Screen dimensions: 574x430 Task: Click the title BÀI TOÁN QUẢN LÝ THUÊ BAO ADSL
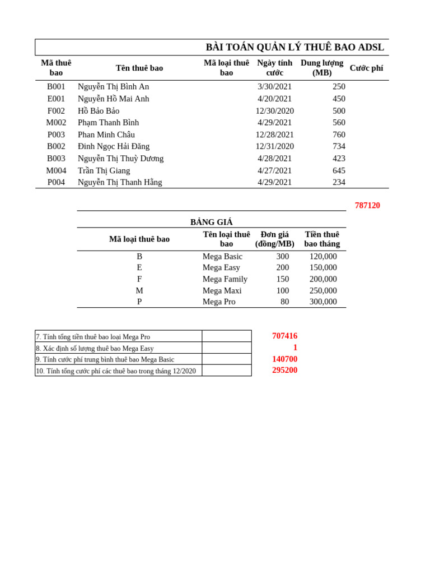click(295, 48)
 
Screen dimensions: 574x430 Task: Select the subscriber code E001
click(56, 99)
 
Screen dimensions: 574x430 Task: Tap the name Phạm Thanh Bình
click(108, 123)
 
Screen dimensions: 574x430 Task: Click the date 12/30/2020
click(274, 111)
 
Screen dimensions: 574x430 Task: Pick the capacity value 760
click(339, 135)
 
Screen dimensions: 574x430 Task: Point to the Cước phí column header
click(366, 68)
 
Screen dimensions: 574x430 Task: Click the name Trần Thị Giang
click(104, 170)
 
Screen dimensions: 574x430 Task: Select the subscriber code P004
click(56, 182)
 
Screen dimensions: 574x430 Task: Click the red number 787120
click(367, 206)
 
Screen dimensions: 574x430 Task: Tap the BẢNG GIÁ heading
click(211, 222)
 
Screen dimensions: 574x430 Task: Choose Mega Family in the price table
click(225, 279)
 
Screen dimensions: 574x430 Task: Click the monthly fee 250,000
click(323, 290)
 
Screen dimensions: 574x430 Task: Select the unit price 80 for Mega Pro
click(284, 302)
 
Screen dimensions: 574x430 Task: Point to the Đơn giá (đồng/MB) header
click(274, 239)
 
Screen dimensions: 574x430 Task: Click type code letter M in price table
click(139, 290)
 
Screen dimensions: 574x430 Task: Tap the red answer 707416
click(284, 336)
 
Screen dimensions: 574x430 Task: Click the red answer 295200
click(284, 371)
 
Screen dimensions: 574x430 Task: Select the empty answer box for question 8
click(227, 348)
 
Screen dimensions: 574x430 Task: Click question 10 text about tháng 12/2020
click(116, 371)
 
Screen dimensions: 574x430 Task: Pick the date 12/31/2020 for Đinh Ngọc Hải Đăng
click(274, 146)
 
